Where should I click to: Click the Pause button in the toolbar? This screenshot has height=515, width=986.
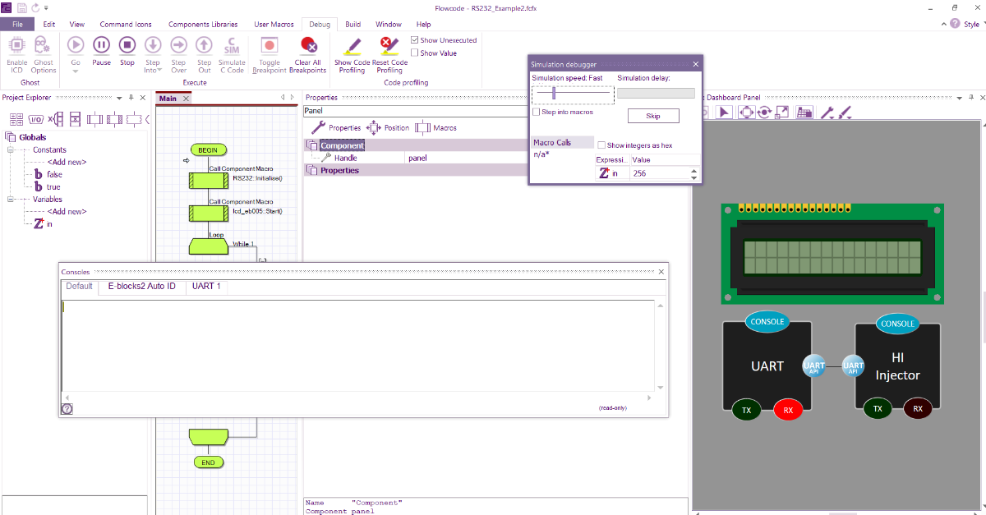(101, 46)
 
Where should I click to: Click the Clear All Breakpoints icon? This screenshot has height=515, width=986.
(308, 46)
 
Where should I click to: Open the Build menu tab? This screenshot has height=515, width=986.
(352, 24)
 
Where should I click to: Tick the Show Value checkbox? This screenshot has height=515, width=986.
(415, 53)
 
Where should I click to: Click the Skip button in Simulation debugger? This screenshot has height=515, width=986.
(653, 116)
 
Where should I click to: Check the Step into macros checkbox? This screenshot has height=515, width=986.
(537, 112)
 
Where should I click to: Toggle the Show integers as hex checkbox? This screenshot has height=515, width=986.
(602, 145)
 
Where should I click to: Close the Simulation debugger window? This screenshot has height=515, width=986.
(695, 64)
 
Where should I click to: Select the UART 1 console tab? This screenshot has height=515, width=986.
(205, 287)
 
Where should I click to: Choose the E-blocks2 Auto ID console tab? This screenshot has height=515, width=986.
(141, 287)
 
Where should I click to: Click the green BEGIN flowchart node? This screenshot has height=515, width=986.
(208, 149)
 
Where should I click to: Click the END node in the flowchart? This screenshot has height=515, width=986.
(208, 462)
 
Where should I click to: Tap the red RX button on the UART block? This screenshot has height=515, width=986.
(788, 409)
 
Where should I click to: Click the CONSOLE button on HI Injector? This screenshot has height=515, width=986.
(897, 324)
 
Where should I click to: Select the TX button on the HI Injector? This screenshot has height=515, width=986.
(878, 409)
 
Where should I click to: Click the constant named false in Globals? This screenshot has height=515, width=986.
(54, 174)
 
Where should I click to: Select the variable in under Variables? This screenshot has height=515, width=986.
(48, 223)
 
